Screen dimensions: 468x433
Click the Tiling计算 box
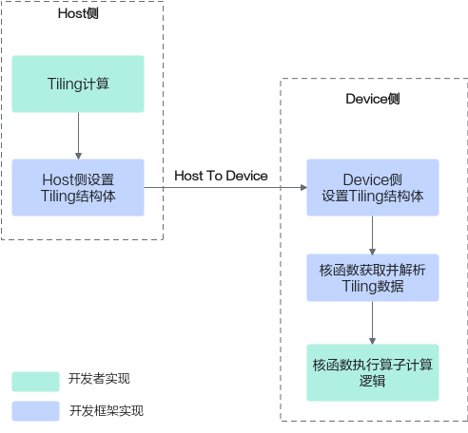tap(78, 84)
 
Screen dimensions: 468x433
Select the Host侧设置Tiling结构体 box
tap(78, 187)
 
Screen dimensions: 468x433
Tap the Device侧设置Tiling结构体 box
tap(373, 187)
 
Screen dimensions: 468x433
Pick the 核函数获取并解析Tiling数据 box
tap(373, 277)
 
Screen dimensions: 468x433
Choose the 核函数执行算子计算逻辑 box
tap(373, 372)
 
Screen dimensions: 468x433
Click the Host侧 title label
tap(78, 13)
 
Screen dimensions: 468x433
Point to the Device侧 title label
tap(373, 99)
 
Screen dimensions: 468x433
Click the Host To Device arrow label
tap(221, 176)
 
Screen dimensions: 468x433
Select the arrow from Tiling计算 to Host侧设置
tap(78, 136)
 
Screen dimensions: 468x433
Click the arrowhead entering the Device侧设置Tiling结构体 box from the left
tap(303, 187)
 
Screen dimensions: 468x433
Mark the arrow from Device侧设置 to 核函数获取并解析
tap(373, 235)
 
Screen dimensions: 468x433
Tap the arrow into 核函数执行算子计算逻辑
tap(373, 323)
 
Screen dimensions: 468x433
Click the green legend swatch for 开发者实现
tap(35, 382)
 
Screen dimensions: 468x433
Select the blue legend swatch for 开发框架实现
tap(35, 411)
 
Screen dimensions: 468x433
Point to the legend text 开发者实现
tap(99, 379)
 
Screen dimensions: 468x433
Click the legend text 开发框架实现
tap(107, 411)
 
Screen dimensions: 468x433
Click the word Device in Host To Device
tap(247, 176)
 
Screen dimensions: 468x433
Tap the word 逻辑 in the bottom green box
tap(373, 381)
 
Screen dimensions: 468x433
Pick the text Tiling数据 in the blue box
tap(373, 286)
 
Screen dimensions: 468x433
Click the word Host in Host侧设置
tap(58, 179)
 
